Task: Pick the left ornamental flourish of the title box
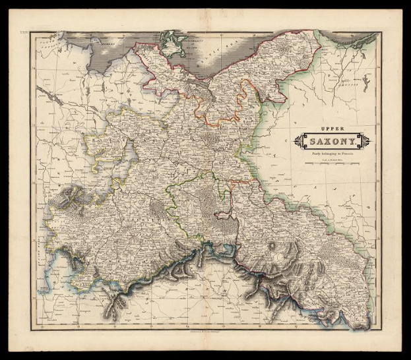tap(295, 140)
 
